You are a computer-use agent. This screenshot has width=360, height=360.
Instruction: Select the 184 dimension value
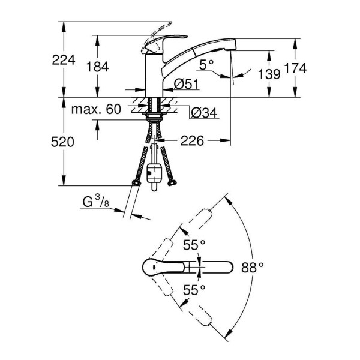[x=97, y=67]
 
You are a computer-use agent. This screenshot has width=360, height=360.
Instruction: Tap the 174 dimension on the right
[x=295, y=69]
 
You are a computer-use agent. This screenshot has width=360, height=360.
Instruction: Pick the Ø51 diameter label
[x=186, y=85]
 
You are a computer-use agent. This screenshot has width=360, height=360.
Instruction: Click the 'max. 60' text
[x=96, y=110]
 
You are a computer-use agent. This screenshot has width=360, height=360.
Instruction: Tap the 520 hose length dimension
[x=62, y=142]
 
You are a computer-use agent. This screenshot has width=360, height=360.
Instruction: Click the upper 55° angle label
[x=195, y=244]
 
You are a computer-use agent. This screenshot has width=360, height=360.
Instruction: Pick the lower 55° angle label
[x=195, y=289]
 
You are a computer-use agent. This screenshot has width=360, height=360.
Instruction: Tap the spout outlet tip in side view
[x=231, y=49]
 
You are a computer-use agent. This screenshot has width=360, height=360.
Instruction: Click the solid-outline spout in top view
[x=219, y=267]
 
